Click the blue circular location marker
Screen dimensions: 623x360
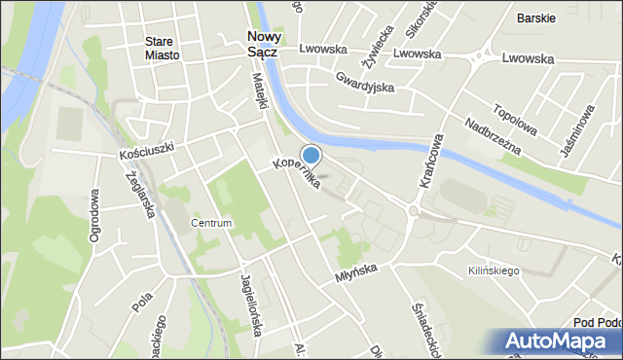(x=311, y=155)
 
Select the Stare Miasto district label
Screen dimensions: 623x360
(x=162, y=48)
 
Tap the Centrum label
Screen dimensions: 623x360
(x=211, y=223)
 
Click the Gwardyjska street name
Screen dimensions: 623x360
(x=362, y=81)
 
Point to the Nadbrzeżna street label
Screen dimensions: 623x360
(x=493, y=137)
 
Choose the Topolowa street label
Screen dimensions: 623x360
(x=515, y=119)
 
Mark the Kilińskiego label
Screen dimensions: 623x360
(x=494, y=270)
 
